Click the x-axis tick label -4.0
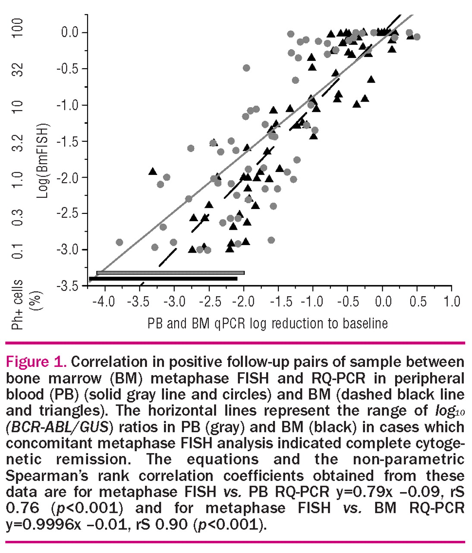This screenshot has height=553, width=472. coord(104,301)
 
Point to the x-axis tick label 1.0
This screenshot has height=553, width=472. coord(452,301)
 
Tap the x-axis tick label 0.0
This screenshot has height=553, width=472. coord(383,301)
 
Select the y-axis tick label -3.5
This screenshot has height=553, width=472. coord(67,286)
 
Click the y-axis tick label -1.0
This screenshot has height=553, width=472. coord(67,105)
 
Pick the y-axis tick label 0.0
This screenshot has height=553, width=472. coord(69,32)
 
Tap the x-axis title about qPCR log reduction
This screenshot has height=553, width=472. coord(267,323)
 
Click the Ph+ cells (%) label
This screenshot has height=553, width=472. coord(24,304)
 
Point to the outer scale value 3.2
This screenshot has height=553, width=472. coord(17,142)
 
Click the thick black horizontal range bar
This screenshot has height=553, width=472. coord(163,279)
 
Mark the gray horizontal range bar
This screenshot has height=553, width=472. coord(170,273)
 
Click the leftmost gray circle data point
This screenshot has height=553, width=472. coord(120,242)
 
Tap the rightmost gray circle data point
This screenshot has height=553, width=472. coord(416,37)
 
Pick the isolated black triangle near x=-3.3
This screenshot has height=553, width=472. coord(152,172)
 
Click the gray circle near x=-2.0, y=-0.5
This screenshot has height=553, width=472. coord(246,68)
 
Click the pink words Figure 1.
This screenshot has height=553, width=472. coord(36,362)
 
